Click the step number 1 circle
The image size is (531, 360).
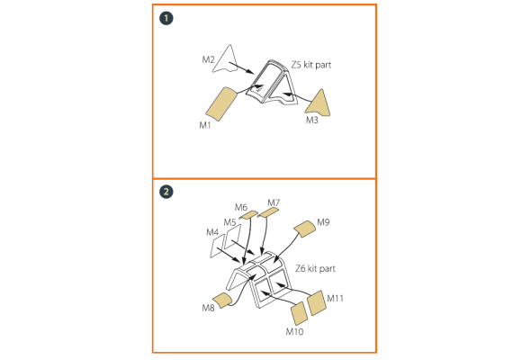click(166, 18)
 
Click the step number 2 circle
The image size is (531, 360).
click(166, 192)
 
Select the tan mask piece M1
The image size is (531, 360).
click(221, 103)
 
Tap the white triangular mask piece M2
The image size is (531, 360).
click(226, 59)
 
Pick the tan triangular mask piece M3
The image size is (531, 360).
click(319, 104)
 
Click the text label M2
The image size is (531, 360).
click(208, 60)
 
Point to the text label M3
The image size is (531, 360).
click(312, 121)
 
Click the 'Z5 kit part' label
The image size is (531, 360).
click(311, 65)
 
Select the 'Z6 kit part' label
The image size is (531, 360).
click(315, 268)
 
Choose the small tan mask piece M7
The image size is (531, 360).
click(268, 212)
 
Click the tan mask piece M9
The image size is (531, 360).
click(305, 229)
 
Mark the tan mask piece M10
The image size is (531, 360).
click(300, 314)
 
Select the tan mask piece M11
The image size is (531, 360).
click(317, 302)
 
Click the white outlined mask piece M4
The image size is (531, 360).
click(217, 246)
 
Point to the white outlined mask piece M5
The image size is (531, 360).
click(233, 236)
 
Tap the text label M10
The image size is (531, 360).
click(294, 332)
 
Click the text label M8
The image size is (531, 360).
click(208, 308)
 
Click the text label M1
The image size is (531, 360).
click(205, 125)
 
